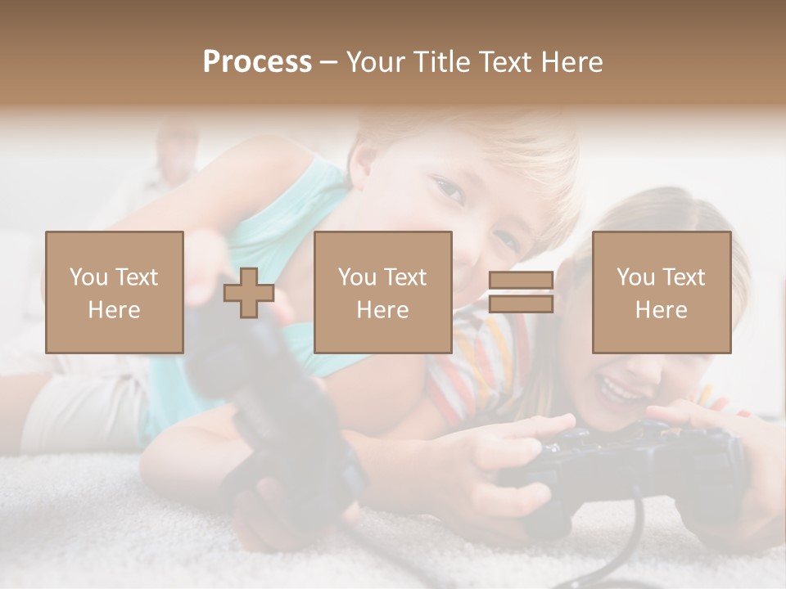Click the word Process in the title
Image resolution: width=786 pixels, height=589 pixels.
click(x=257, y=62)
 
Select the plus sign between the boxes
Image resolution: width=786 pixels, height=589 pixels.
click(x=249, y=293)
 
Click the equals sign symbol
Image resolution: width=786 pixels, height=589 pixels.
click(x=521, y=292)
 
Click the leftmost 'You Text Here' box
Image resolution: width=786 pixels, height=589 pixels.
click(x=115, y=292)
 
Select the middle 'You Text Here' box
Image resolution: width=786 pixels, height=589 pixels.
click(x=383, y=292)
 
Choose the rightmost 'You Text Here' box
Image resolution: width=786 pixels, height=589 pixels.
click(x=662, y=292)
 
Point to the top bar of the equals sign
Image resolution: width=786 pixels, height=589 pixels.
click(x=521, y=281)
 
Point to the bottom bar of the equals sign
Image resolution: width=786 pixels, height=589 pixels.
click(x=521, y=304)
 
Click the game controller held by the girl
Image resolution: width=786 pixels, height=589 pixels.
click(x=622, y=458)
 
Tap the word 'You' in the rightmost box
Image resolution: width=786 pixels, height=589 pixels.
click(x=635, y=277)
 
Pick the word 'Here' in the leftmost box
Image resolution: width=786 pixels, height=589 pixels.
click(x=115, y=310)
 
